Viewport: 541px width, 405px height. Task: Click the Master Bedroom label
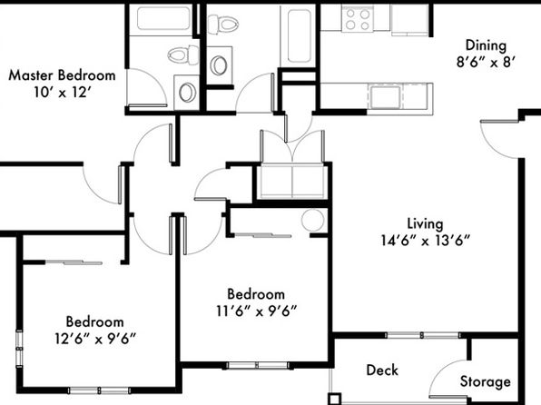(62, 75)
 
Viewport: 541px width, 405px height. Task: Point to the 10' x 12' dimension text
(62, 93)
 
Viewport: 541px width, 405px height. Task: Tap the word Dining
(486, 45)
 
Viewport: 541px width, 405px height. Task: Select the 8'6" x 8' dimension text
(486, 63)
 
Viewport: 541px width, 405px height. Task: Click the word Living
(425, 223)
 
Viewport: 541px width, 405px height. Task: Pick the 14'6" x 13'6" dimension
(426, 241)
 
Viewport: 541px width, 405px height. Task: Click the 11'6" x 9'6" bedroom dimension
(256, 311)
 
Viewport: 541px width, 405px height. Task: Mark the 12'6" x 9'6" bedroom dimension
(95, 339)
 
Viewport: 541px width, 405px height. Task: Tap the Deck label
(382, 370)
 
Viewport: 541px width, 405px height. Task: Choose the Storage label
(485, 382)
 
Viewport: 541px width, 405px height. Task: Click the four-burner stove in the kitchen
(358, 19)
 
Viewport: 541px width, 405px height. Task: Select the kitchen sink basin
(386, 95)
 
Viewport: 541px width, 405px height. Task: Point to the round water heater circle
(312, 220)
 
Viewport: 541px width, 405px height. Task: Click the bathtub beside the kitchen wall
(298, 35)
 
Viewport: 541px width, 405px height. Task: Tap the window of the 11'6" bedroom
(258, 366)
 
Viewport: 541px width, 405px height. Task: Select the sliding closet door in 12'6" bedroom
(74, 262)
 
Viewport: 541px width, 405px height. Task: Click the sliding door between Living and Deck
(422, 335)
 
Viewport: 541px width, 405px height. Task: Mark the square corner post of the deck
(334, 400)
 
